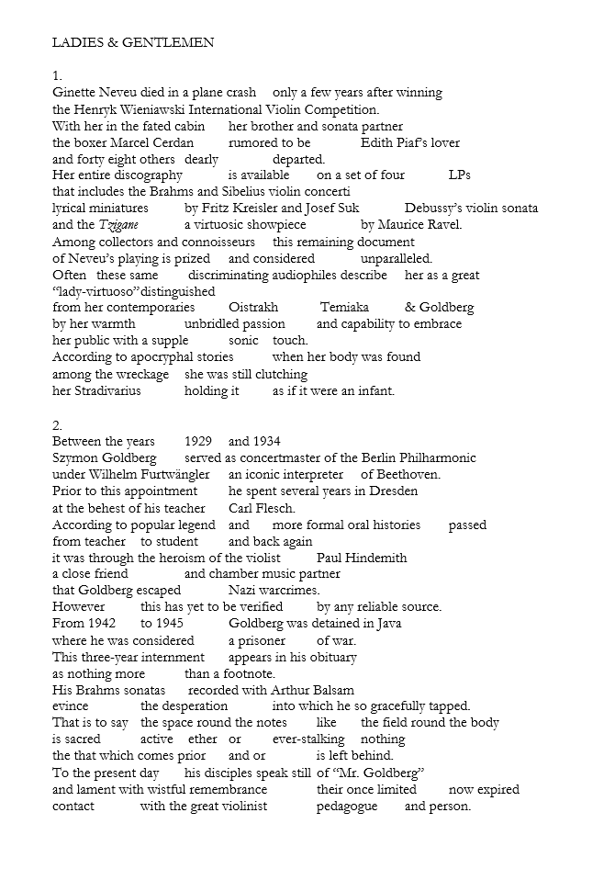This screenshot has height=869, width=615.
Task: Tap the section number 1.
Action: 57,75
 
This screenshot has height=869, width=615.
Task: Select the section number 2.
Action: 57,425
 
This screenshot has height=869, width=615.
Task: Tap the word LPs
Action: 459,175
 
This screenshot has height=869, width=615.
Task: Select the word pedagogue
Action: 350,807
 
